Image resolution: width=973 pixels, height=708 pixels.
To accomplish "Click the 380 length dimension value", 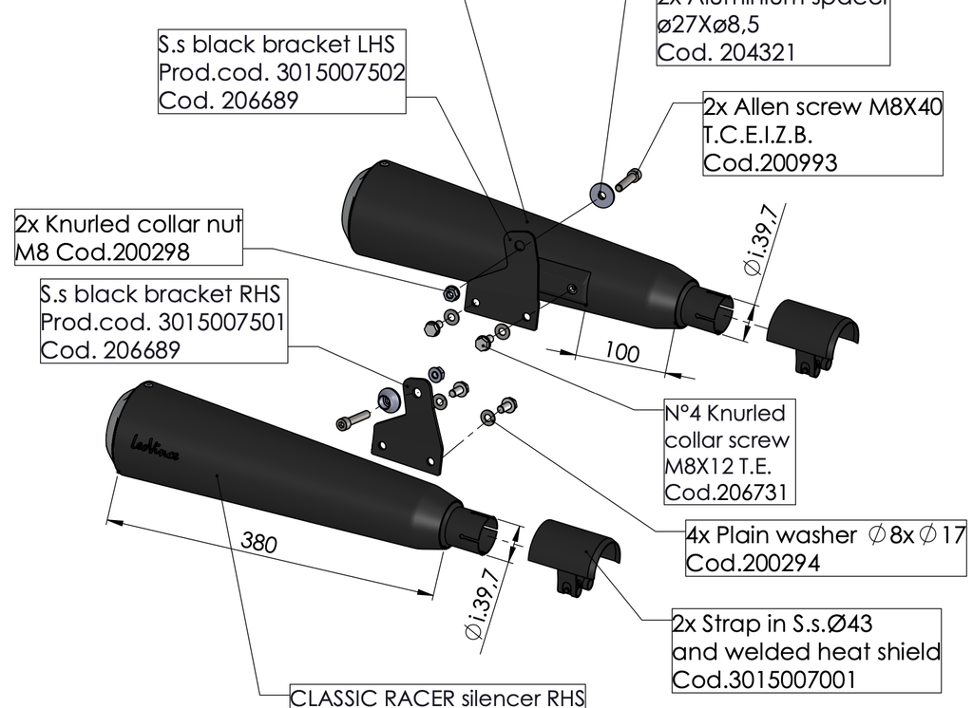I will tap(258, 543).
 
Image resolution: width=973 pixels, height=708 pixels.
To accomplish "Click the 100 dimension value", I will tap(621, 352).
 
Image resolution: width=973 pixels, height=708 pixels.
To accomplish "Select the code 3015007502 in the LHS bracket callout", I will tap(341, 72).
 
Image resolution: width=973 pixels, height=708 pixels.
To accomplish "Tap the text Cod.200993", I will tap(771, 162).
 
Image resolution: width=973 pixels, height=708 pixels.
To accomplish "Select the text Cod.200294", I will tap(753, 563).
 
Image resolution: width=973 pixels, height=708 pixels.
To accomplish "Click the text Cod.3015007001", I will tap(764, 680).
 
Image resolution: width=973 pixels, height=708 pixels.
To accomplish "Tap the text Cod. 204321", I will tap(726, 53).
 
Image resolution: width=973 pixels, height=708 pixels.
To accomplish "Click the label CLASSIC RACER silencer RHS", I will tap(437, 699).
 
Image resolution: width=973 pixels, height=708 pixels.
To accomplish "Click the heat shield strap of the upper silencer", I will tap(812, 332).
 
